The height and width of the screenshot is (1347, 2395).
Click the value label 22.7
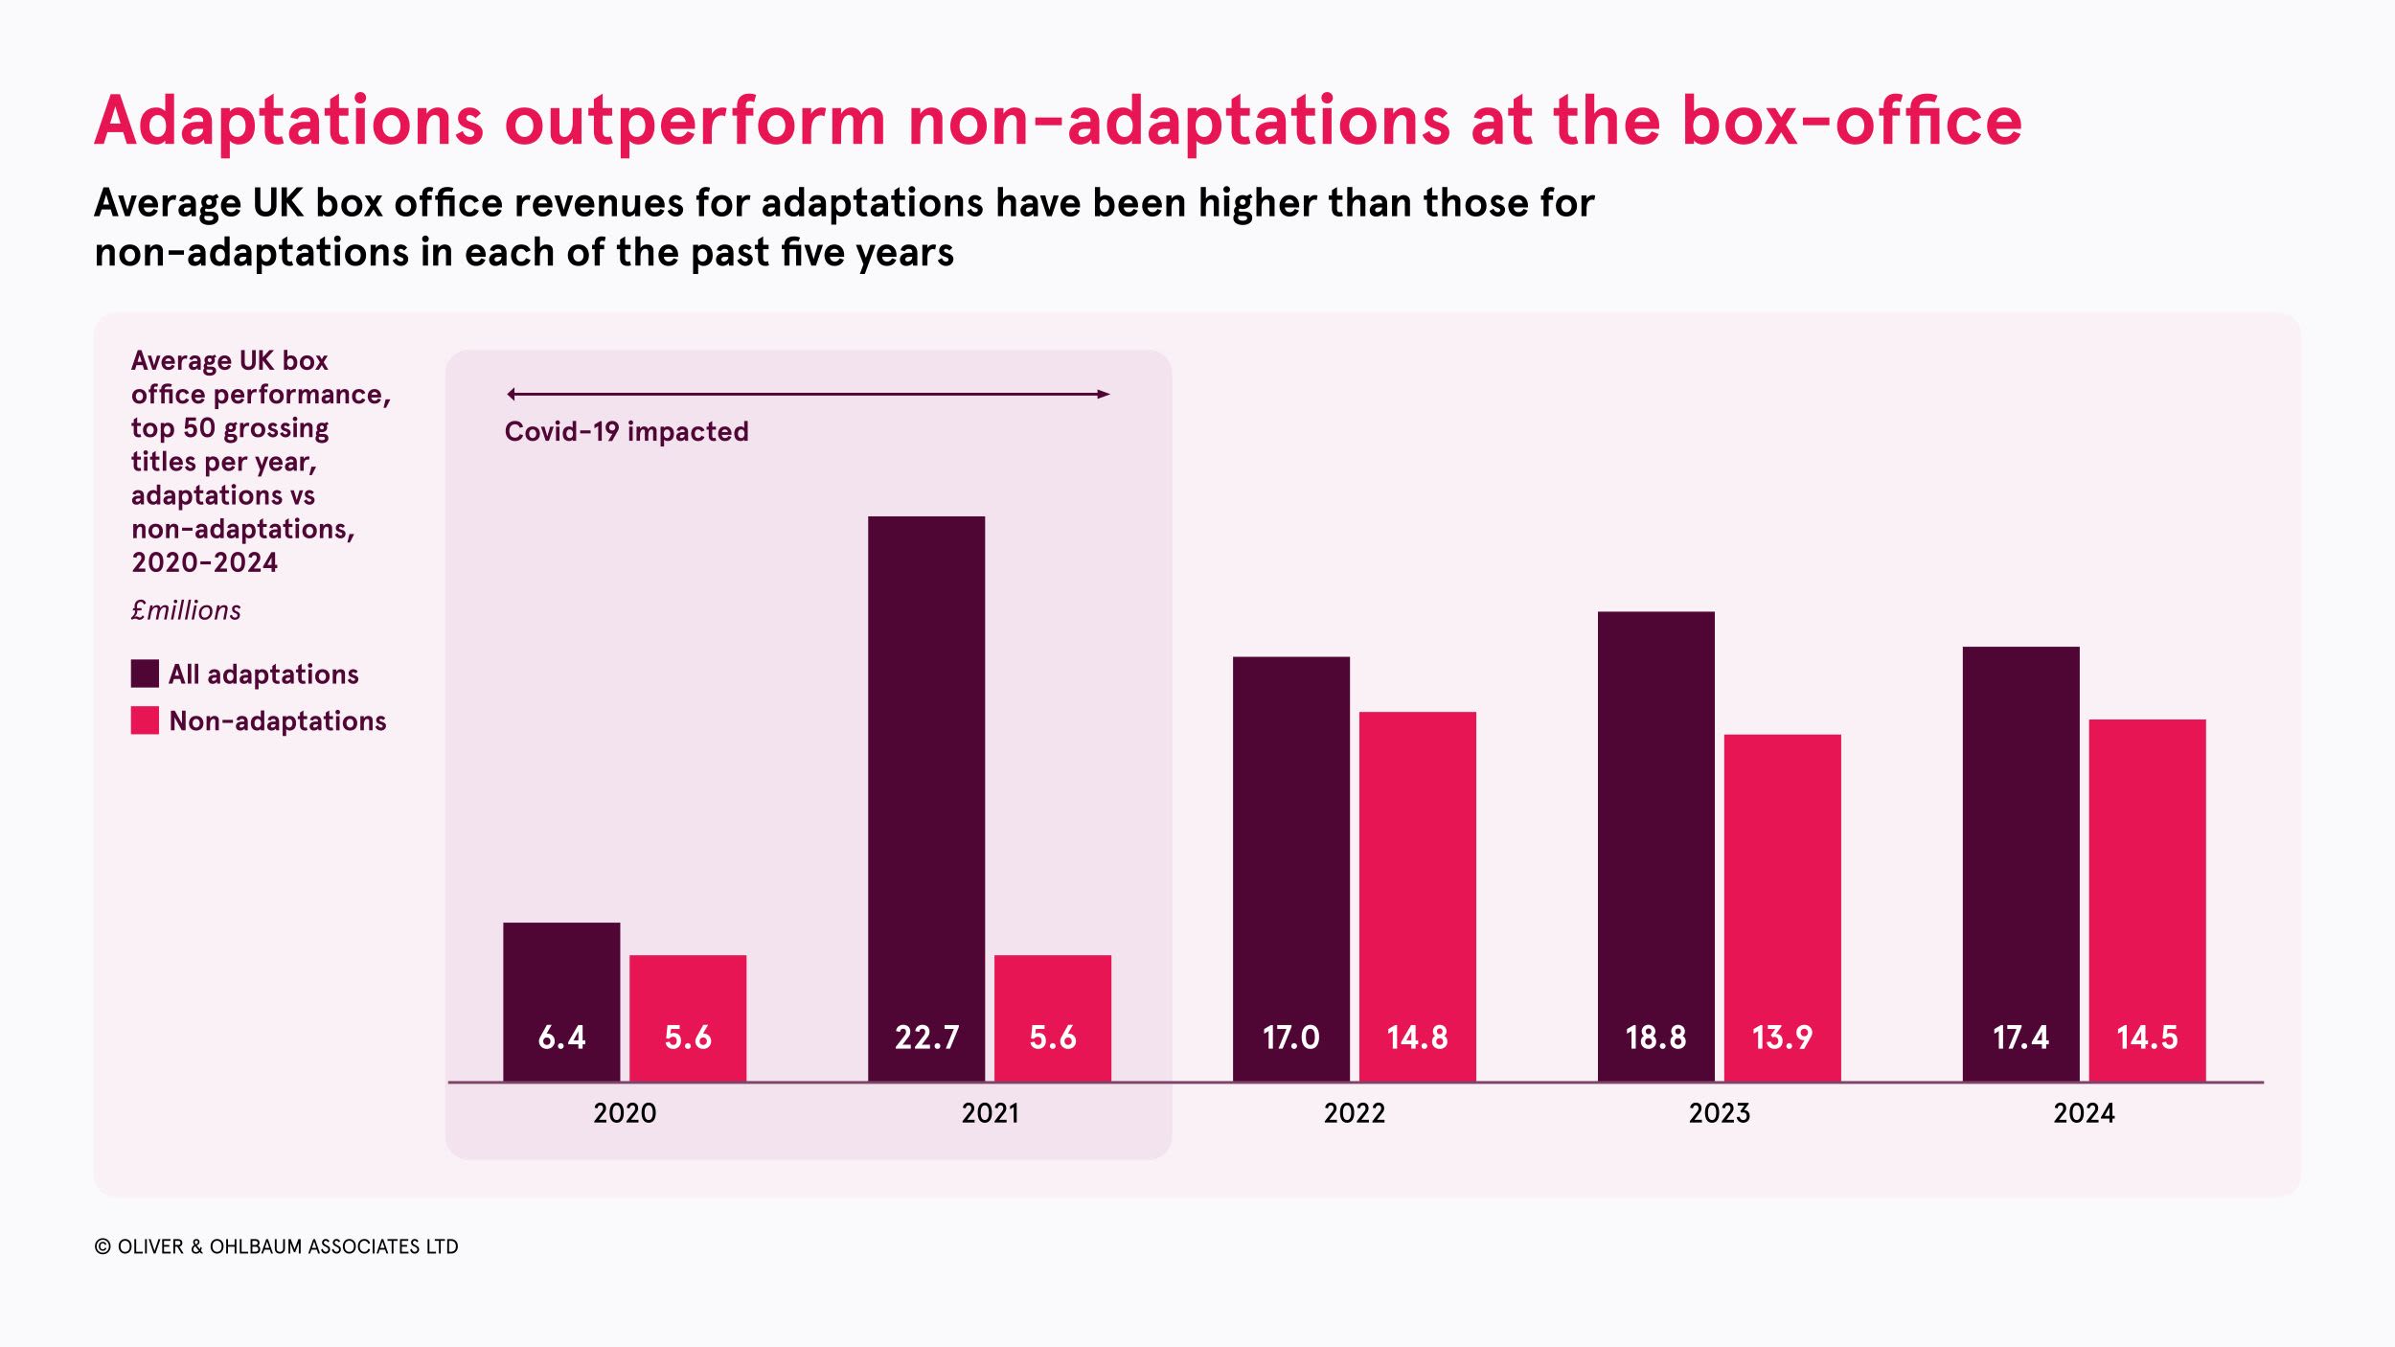[926, 1038]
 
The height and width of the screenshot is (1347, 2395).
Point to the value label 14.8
[1417, 1038]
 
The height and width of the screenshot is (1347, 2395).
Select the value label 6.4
[561, 1038]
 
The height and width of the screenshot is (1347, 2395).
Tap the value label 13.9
[1782, 1038]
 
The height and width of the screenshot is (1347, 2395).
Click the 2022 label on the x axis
[1354, 1113]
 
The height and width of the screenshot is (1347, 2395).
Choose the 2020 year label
[625, 1113]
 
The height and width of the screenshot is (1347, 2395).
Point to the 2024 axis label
[2084, 1113]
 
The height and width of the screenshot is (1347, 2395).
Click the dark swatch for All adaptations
[145, 673]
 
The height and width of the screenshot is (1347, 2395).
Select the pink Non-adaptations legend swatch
[145, 720]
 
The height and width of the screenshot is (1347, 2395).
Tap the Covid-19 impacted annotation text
[627, 432]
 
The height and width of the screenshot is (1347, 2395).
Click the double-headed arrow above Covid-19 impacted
[808, 394]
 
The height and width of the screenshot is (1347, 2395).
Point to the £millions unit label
[186, 610]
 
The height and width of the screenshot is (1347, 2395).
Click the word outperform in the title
[696, 122]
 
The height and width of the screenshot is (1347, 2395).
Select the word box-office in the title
[1851, 122]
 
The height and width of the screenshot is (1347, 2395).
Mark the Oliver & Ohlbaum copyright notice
[276, 1246]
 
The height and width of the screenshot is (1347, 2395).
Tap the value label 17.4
[2020, 1038]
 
